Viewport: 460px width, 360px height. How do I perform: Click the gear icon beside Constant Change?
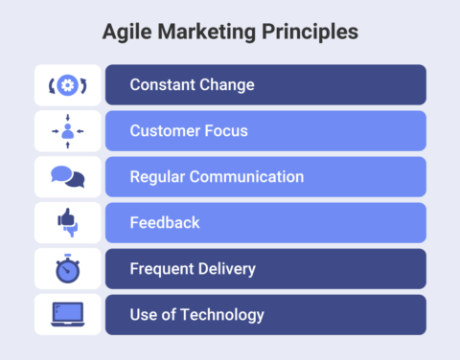pyautogui.click(x=67, y=84)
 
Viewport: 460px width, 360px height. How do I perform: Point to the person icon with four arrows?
pyautogui.click(x=67, y=131)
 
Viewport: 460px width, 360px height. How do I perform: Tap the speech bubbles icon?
pyautogui.click(x=67, y=177)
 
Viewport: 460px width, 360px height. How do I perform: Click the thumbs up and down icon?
pyautogui.click(x=67, y=223)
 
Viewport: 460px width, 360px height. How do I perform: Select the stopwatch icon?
pyautogui.click(x=67, y=269)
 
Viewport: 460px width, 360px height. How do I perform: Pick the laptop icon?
pyautogui.click(x=67, y=314)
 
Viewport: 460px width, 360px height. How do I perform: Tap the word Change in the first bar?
pyautogui.click(x=227, y=84)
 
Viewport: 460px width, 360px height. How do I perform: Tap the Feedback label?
pyautogui.click(x=165, y=223)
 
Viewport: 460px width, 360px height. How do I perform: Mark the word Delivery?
pyautogui.click(x=227, y=269)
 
